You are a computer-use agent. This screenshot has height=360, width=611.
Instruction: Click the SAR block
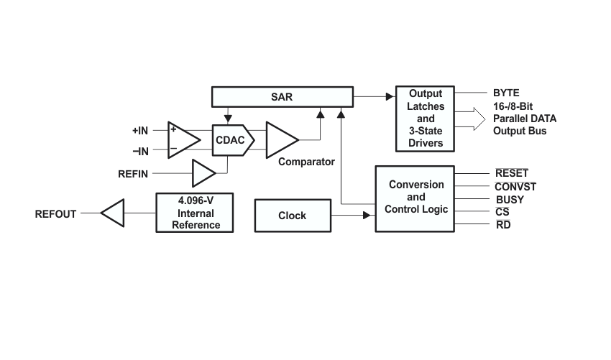282,96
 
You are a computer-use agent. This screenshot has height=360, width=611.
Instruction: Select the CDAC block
233,140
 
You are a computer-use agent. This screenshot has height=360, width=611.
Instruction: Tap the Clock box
293,216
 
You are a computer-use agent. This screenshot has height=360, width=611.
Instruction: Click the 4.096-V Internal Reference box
195,213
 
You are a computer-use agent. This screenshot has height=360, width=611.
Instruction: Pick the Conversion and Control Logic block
415,199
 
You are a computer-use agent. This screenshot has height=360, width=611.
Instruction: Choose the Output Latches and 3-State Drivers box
425,119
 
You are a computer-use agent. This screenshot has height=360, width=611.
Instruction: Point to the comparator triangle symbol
282,140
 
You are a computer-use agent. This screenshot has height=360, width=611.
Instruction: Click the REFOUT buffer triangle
113,213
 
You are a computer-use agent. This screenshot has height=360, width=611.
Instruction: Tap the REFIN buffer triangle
204,173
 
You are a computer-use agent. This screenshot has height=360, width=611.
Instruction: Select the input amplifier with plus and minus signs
184,140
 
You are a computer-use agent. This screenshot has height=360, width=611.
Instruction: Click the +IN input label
140,131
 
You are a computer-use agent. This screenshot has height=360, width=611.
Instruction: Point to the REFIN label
133,174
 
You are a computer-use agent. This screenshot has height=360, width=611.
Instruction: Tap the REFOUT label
55,214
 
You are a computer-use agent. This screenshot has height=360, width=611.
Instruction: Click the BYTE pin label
506,93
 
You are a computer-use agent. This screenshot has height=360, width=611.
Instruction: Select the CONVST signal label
515,187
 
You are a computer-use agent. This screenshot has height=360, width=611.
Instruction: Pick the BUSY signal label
510,200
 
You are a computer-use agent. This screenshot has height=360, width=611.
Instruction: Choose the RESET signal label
512,173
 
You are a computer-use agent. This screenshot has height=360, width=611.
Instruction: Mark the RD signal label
503,225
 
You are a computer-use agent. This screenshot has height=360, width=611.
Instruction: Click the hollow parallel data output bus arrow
470,119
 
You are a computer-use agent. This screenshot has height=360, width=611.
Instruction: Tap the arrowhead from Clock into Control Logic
367,215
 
